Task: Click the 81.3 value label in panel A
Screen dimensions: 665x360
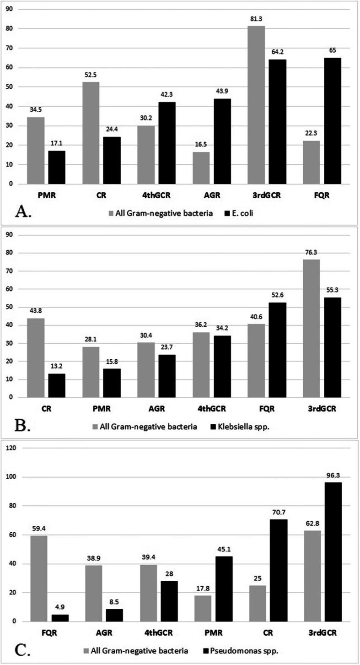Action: (x=256, y=20)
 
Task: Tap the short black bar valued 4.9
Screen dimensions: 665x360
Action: (x=59, y=618)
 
